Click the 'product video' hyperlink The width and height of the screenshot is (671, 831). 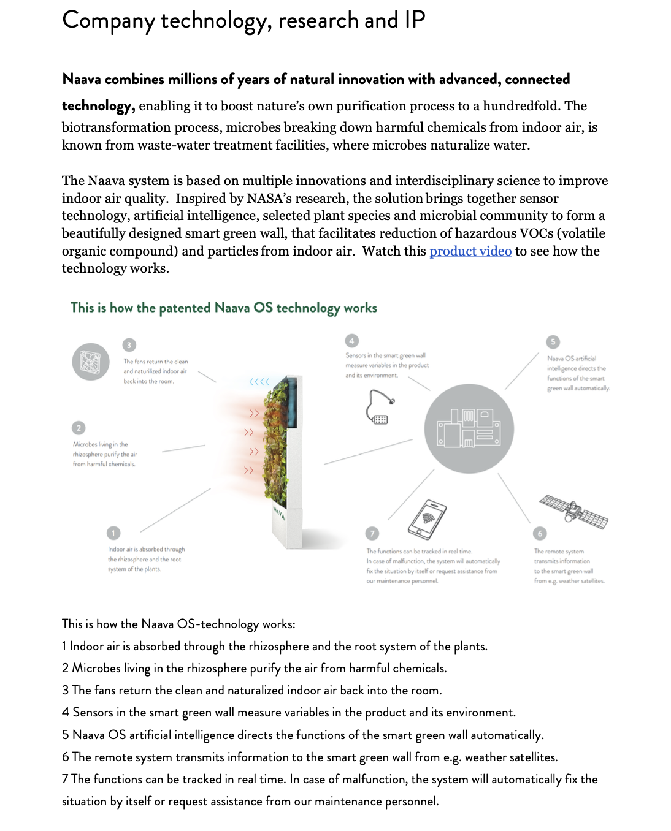coord(470,251)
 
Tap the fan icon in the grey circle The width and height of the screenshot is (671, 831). coord(91,362)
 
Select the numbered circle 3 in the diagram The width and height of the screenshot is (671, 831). coord(129,345)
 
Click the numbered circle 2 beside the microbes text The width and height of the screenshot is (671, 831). coord(79,428)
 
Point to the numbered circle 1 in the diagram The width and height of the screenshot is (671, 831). coord(113,533)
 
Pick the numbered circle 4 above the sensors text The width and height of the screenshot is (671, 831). coord(352,341)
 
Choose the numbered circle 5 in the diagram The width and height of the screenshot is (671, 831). coord(553,342)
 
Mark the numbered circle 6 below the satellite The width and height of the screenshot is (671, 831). coord(540,534)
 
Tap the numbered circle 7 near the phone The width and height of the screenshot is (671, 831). coord(372,533)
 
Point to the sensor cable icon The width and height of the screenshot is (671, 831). coord(380,408)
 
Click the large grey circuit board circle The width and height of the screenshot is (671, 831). coord(469,428)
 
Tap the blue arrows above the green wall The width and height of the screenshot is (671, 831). coord(259,382)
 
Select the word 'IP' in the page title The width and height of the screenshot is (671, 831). coord(415,20)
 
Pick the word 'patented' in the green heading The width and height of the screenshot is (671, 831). coord(185,308)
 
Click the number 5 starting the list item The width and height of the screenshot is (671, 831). coord(66,735)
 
